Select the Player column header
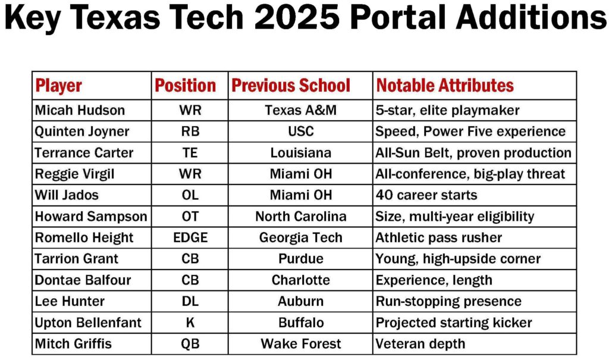click(59, 86)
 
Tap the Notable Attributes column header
click(445, 86)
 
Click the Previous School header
click(291, 86)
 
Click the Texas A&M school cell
click(300, 111)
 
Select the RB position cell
click(190, 132)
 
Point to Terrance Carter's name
click(84, 153)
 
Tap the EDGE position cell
click(190, 237)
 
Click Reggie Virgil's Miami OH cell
click(300, 174)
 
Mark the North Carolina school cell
click(300, 217)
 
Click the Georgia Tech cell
click(300, 237)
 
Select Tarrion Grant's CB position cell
click(190, 259)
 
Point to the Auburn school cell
click(300, 301)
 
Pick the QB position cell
click(190, 344)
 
